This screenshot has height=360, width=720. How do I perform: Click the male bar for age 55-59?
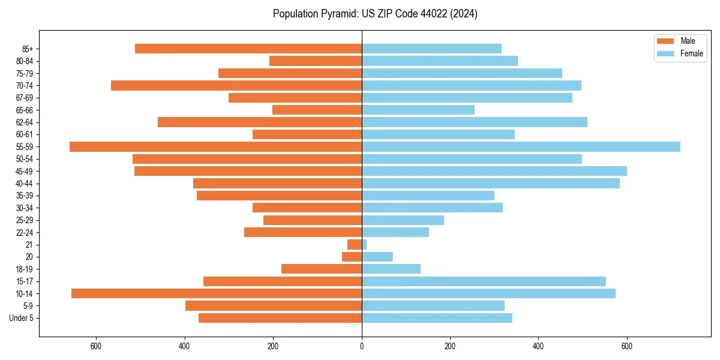(x=216, y=146)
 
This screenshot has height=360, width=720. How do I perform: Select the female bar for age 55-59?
(x=521, y=146)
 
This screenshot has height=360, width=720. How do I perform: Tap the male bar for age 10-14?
(x=217, y=293)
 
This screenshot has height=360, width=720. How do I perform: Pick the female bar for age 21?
(x=364, y=244)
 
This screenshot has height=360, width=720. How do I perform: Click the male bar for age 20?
(x=352, y=257)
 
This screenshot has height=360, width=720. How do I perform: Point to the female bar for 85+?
(x=431, y=49)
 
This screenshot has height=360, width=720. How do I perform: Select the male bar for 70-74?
(x=236, y=85)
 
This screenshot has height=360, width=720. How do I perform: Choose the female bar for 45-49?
(x=494, y=171)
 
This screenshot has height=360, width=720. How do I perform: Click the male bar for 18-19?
(x=322, y=269)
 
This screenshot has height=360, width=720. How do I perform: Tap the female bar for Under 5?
(x=437, y=318)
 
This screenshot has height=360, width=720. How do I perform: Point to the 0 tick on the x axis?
(x=362, y=346)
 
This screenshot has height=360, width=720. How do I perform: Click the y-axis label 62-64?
(x=25, y=122)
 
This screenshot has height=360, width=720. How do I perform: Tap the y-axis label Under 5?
(x=22, y=318)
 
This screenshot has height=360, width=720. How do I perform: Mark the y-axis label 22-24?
(x=25, y=232)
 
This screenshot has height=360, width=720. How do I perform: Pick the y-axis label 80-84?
(x=25, y=61)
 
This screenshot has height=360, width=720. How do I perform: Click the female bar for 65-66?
(x=418, y=110)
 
